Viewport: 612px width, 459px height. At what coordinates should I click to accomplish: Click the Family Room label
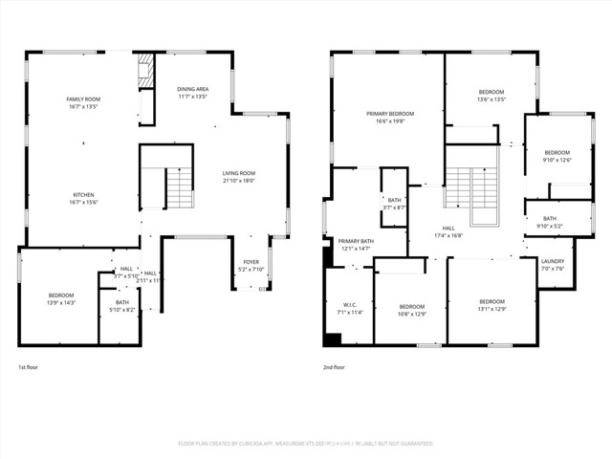[83, 99]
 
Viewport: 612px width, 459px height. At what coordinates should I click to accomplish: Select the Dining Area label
[193, 89]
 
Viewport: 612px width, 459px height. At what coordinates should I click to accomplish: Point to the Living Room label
[239, 173]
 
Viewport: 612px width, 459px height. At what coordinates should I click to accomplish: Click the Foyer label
[251, 262]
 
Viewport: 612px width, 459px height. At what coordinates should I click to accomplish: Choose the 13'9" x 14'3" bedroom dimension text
[61, 303]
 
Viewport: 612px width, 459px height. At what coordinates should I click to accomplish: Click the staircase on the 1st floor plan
[179, 187]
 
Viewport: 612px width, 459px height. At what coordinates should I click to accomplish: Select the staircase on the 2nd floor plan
[471, 186]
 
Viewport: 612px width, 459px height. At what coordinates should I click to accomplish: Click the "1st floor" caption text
[29, 367]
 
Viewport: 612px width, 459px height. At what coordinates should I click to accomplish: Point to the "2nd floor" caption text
[335, 367]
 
